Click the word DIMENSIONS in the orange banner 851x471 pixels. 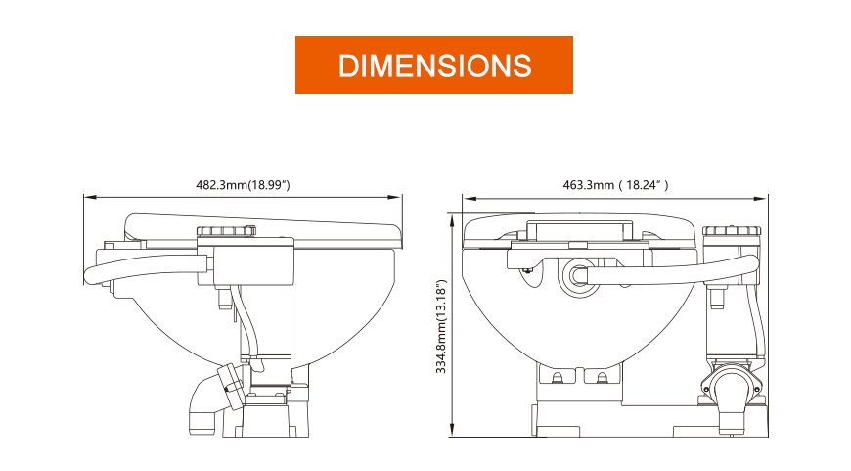(434, 66)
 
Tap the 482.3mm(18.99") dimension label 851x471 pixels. (244, 185)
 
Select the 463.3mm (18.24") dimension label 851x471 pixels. (615, 185)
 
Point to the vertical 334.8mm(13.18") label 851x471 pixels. (441, 326)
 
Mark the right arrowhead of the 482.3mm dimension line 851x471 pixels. (395, 197)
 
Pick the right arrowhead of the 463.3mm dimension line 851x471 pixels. (762, 198)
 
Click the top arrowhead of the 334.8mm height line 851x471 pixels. (452, 220)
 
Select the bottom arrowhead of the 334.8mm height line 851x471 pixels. (452, 430)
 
